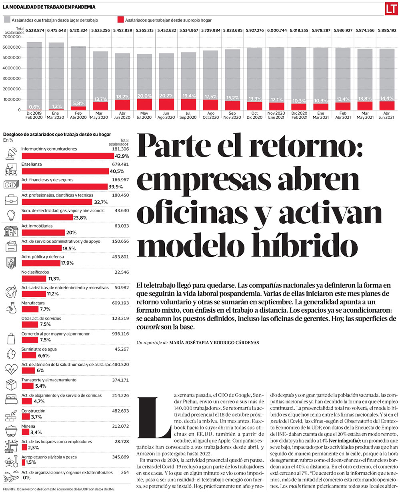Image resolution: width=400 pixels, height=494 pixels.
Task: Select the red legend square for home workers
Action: (x=120, y=20)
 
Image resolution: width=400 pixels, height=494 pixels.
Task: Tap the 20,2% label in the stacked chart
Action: (x=166, y=96)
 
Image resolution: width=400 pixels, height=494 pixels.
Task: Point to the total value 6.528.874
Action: (x=34, y=30)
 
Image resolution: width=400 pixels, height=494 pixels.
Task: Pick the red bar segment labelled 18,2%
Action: (x=122, y=104)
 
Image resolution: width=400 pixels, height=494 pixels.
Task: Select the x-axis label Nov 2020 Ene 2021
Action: (x=276, y=115)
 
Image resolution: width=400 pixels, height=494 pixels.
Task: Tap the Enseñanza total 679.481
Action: (x=120, y=164)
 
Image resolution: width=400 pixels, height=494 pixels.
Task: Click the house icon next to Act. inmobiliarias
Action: (x=10, y=230)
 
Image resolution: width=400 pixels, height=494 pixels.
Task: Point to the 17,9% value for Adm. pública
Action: (x=67, y=263)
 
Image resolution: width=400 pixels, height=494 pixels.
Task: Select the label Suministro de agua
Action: (x=39, y=349)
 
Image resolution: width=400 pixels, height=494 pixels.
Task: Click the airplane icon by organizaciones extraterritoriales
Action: (x=10, y=476)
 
